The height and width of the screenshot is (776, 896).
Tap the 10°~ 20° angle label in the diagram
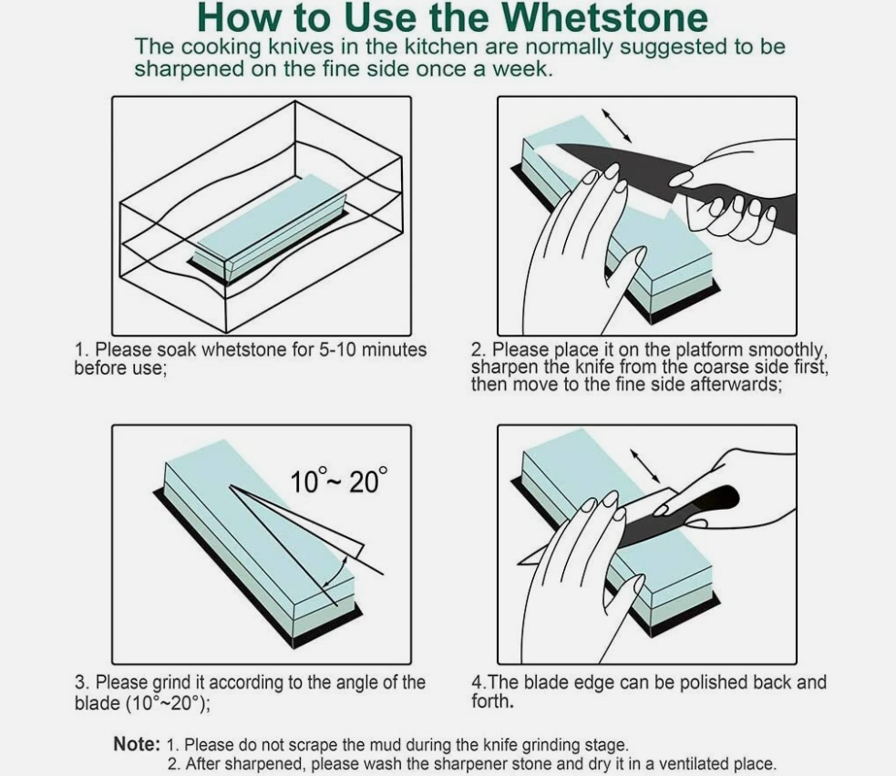(338, 480)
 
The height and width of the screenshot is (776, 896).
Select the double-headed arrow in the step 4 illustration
(646, 465)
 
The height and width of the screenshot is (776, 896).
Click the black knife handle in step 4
(703, 510)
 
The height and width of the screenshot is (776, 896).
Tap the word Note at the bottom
(137, 744)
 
